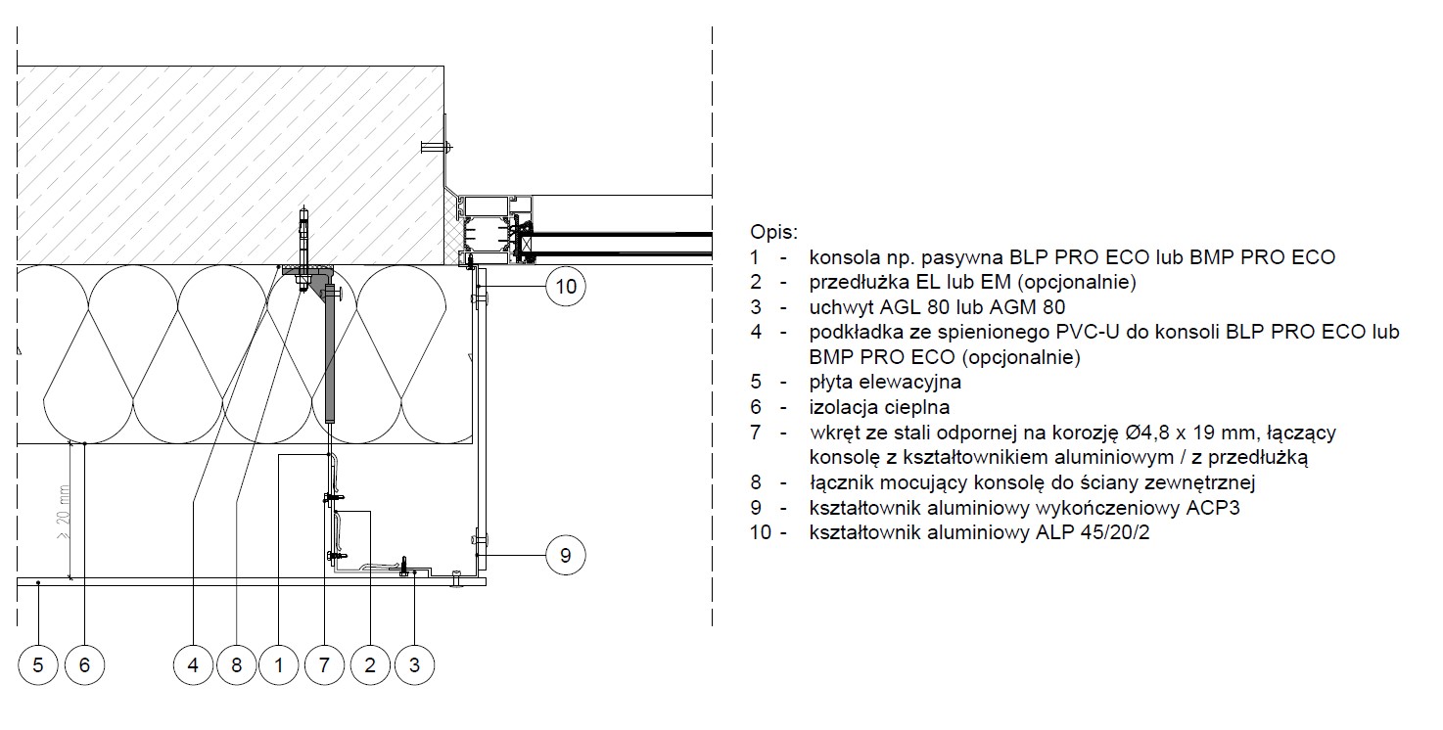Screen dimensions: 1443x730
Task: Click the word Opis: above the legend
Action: pyautogui.click(x=773, y=232)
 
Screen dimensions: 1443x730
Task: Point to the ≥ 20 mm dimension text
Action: pyautogui.click(x=64, y=512)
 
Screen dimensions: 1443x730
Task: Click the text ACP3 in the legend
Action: pyautogui.click(x=1212, y=508)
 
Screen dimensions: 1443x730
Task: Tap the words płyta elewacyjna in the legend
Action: pyautogui.click(x=885, y=382)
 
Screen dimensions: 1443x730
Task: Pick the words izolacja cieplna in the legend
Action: pyautogui.click(x=879, y=407)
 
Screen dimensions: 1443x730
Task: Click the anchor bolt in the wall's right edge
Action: pyautogui.click(x=437, y=148)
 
